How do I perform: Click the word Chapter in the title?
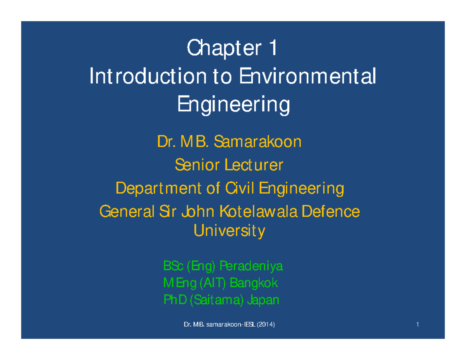tap(224, 49)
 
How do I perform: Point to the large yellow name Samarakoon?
tap(257, 141)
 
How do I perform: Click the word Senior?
tap(197, 165)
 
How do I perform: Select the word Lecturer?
tap(254, 165)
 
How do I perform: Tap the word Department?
tap(158, 189)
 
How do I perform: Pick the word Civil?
tap(240, 188)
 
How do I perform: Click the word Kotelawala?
tap(258, 211)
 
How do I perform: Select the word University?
tap(229, 231)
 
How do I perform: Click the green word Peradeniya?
tap(251, 266)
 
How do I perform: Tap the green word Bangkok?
tap(254, 283)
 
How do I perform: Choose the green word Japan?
tap(263, 300)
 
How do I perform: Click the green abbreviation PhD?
tap(175, 299)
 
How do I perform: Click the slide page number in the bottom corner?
tap(417, 324)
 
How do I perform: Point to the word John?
tap(198, 211)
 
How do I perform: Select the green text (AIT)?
tap(212, 283)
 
